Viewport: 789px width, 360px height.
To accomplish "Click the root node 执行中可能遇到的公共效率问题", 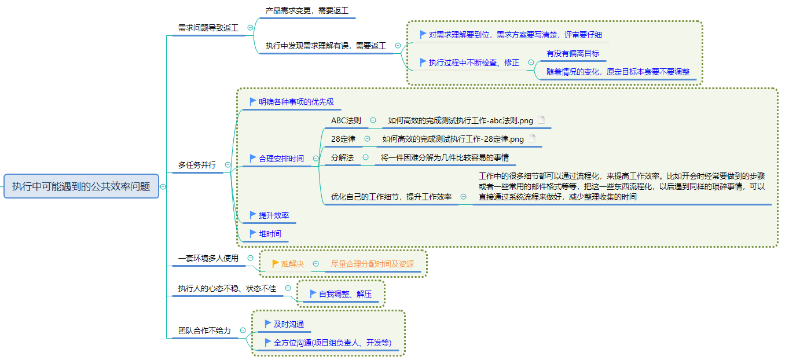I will coord(81,186).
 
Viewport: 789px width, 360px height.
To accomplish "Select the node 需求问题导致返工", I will coord(209,28).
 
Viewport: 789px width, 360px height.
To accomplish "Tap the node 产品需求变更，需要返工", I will coord(307,10).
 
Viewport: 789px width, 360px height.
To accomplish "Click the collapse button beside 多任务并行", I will coord(227,165).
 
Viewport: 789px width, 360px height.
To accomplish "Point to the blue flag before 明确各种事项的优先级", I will coord(252,101).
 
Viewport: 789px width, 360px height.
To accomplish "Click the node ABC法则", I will coord(346,120).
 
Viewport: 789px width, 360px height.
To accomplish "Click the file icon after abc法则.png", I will coord(541,120).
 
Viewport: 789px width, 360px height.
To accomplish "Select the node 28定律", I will coord(343,139).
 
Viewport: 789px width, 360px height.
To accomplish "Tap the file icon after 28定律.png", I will coord(532,139).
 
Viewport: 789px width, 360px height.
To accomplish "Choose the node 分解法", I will coord(342,157).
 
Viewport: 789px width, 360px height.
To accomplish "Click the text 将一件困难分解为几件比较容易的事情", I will coord(445,157).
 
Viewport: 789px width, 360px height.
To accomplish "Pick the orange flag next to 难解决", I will coord(276,263).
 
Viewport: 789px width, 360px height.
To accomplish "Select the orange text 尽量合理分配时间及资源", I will coord(372,264).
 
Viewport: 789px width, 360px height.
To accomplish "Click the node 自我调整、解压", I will coord(345,294).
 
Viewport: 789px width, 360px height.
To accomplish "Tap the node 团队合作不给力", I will coord(204,330).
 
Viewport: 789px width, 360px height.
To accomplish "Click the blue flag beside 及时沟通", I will coord(267,324).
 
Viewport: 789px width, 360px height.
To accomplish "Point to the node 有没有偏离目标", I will coord(573,53).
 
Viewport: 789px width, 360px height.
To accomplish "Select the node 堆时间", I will coord(270,234).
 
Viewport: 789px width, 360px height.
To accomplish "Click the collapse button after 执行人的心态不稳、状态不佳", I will coord(289,288).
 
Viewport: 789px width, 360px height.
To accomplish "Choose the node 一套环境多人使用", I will coord(208,258).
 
